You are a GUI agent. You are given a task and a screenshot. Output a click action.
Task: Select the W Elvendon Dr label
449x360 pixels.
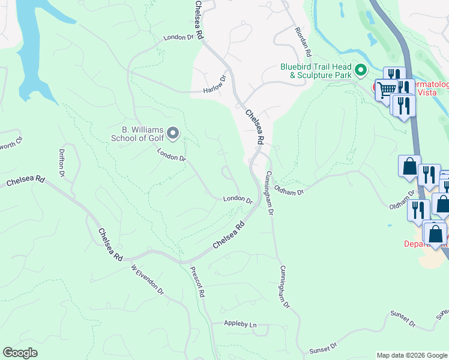(147, 280)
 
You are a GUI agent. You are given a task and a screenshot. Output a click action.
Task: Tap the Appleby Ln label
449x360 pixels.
(240, 325)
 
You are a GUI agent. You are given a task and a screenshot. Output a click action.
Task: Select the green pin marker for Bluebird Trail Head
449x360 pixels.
(361, 70)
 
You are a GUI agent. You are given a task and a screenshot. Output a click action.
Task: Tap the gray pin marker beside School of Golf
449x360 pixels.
(173, 132)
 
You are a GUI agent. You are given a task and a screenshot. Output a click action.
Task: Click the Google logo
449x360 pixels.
(20, 353)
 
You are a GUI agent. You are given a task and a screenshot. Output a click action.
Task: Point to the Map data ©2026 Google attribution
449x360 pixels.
(411, 355)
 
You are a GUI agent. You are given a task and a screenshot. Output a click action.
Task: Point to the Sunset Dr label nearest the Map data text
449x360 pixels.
(324, 349)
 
